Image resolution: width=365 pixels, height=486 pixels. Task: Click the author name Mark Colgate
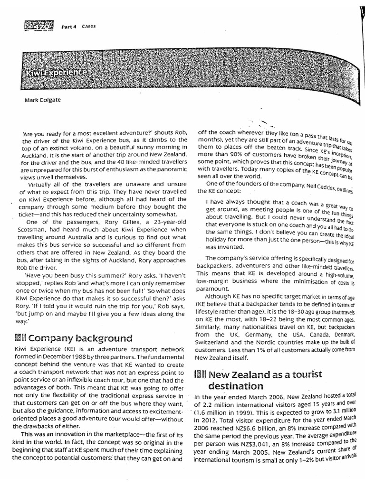tap(42, 100)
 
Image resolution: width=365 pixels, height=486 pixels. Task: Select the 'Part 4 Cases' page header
tap(78, 27)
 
